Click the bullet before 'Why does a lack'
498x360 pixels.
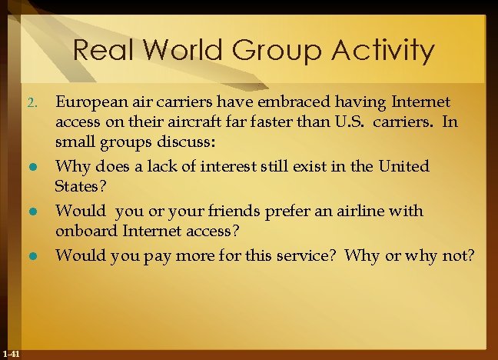(31, 167)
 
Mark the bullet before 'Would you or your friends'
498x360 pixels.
(31, 211)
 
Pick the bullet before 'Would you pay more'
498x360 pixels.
(31, 255)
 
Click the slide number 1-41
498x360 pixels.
(12, 353)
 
